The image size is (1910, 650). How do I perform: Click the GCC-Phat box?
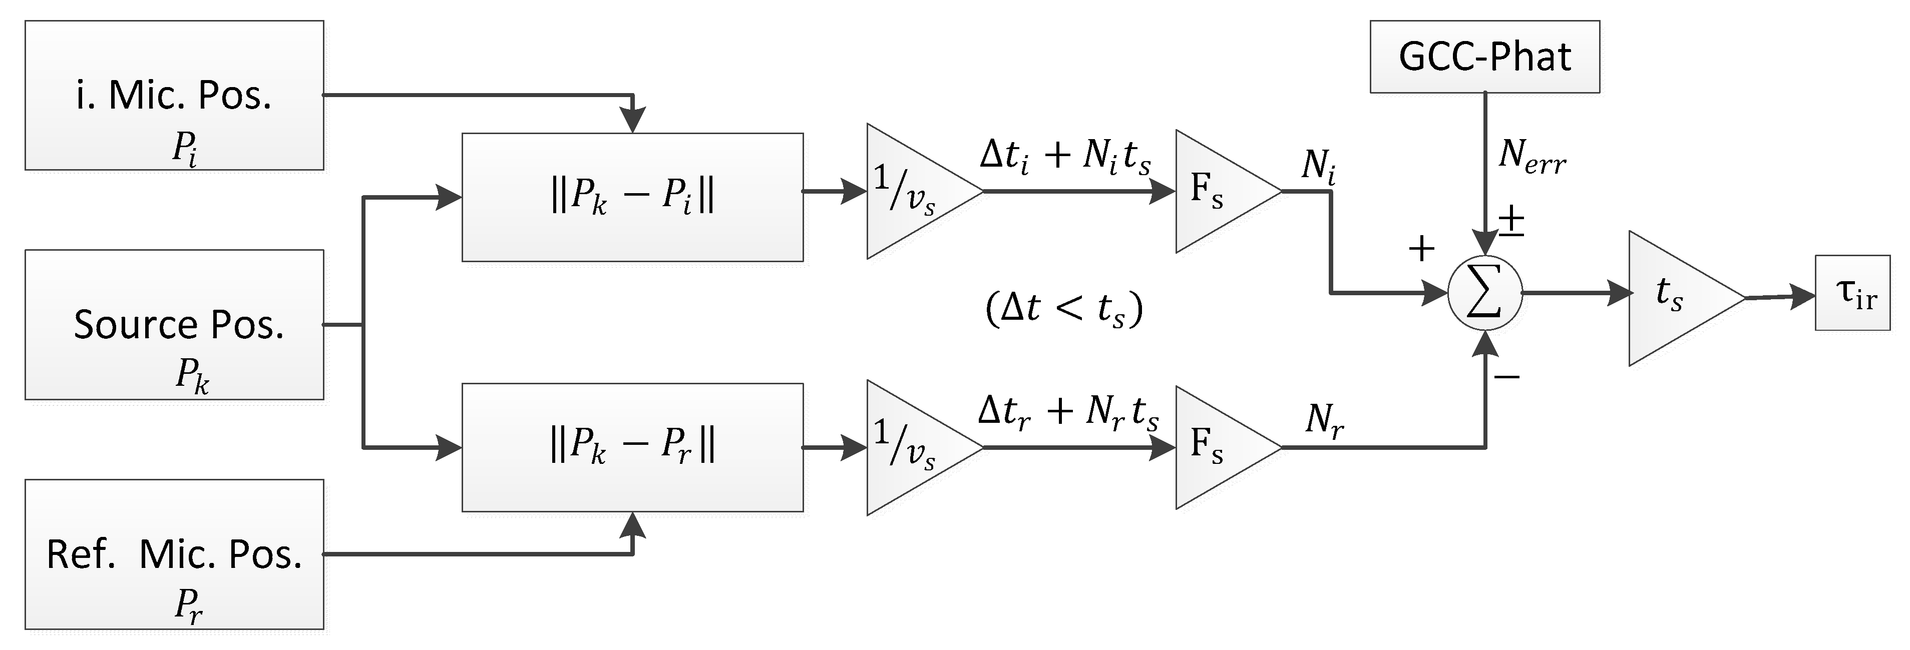coord(1484,57)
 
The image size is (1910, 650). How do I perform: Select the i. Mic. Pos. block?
coord(174,96)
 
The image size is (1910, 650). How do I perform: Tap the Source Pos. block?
coord(174,325)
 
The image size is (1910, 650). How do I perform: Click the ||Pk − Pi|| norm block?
coord(632,197)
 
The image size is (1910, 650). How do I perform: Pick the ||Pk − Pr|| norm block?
coord(632,447)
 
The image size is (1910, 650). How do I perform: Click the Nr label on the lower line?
coord(1324,421)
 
